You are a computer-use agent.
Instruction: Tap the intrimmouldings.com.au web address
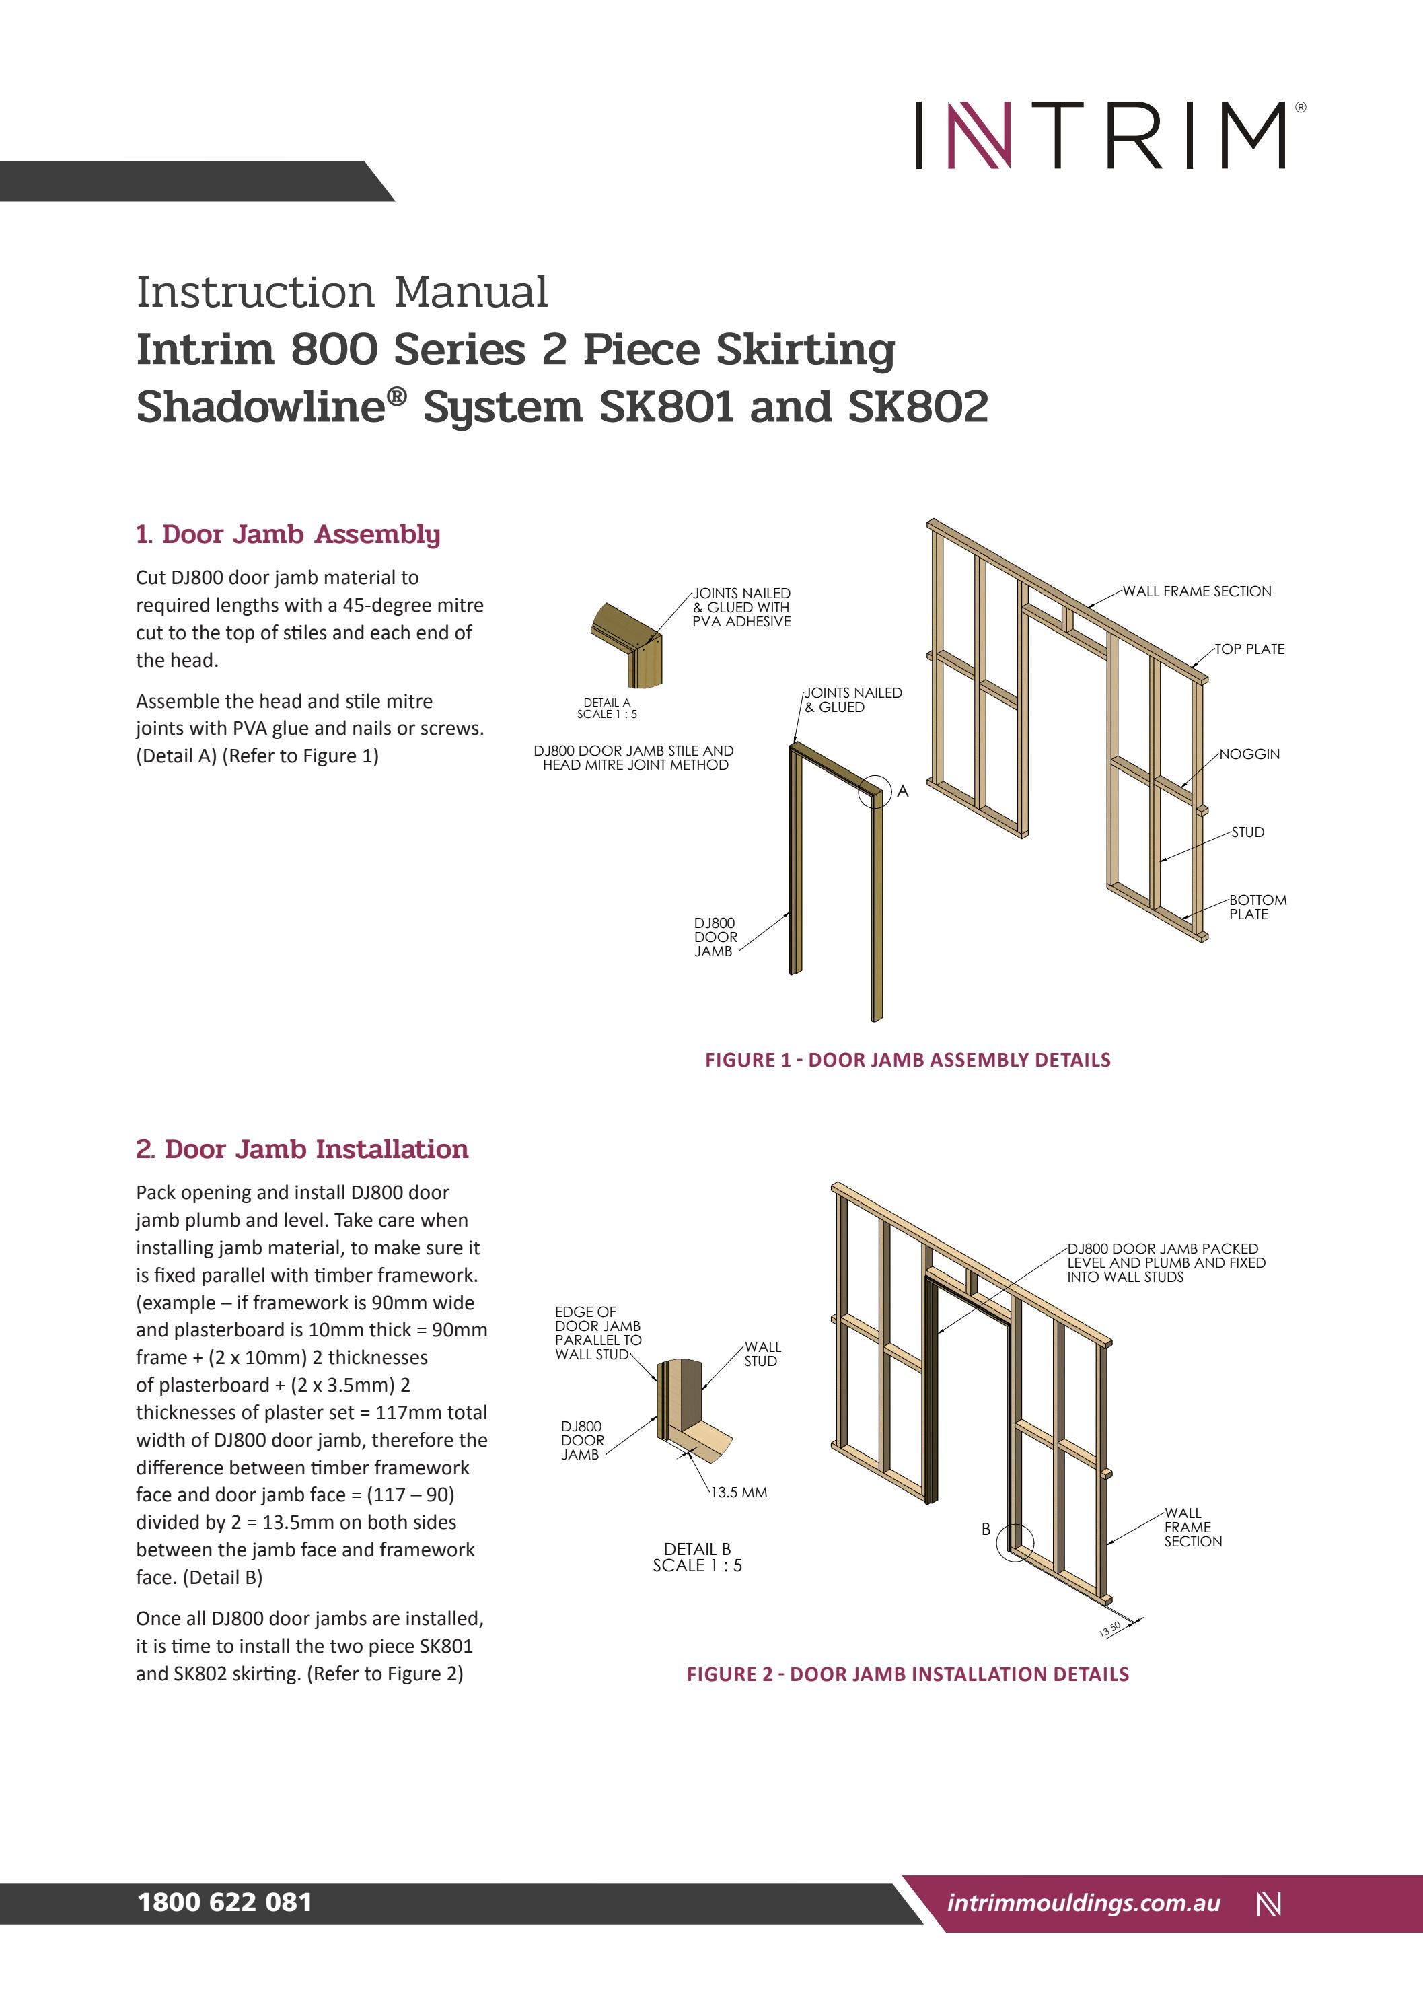[x=1083, y=1902]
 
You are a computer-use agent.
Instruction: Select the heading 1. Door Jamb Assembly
[x=287, y=534]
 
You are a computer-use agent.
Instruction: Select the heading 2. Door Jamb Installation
[x=301, y=1149]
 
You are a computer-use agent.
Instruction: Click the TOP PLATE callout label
[x=1249, y=649]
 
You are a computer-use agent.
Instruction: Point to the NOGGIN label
[x=1249, y=754]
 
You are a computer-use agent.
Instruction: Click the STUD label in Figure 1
[x=1248, y=832]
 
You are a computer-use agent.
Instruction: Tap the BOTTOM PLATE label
[x=1257, y=907]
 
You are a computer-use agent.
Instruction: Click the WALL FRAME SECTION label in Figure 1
[x=1196, y=591]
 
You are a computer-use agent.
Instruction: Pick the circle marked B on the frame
[x=1015, y=1543]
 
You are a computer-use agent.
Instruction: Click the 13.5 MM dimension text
[x=739, y=1493]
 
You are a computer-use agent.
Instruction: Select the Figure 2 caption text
[x=907, y=1674]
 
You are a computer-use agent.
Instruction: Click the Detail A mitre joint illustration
[x=627, y=645]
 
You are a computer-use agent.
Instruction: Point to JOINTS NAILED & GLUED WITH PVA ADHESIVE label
[x=741, y=607]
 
